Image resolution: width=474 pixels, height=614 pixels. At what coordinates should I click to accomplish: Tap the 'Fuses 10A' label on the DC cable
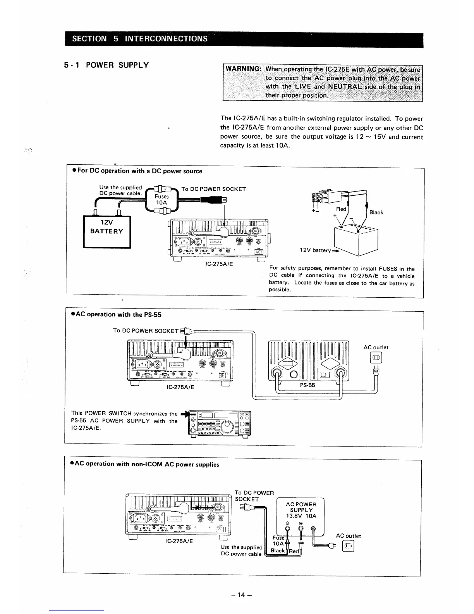point(162,199)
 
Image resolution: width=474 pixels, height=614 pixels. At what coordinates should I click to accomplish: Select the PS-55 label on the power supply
point(308,385)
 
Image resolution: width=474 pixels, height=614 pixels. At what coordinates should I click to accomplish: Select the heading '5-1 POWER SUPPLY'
point(106,65)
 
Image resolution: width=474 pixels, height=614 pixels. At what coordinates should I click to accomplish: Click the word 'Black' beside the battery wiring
point(376,212)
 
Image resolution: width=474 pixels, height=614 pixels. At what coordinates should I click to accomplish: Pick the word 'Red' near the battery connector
point(341,209)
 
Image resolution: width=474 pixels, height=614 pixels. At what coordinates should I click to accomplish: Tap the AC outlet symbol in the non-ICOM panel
point(347,547)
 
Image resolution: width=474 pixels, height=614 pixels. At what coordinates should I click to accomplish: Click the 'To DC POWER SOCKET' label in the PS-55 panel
point(146,331)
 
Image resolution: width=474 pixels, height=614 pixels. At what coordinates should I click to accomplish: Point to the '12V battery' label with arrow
point(315,250)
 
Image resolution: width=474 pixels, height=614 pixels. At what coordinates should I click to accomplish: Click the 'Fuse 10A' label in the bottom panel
point(278,541)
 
